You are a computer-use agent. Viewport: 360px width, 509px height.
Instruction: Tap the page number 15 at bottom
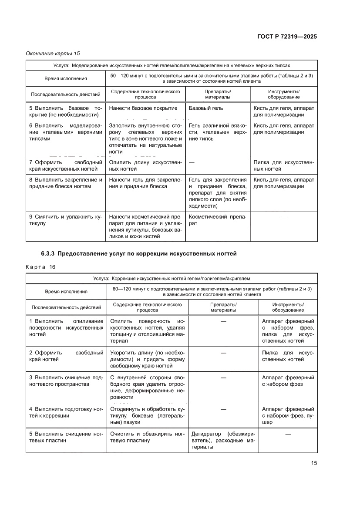[314, 463]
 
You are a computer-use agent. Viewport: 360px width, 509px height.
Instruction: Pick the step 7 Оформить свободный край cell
[65, 165]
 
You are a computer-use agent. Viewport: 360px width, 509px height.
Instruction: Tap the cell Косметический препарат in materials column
[217, 220]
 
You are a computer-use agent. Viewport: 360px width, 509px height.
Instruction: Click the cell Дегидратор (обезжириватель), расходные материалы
[223, 441]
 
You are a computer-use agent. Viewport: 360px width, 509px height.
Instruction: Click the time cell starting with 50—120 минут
[212, 78]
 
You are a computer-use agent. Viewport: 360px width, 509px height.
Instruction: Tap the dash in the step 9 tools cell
[284, 216]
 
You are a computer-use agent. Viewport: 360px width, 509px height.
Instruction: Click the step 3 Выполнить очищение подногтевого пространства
[65, 381]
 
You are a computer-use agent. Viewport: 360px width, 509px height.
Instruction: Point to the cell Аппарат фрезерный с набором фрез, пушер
[288, 416]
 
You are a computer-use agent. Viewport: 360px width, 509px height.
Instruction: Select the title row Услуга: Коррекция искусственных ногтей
[172, 278]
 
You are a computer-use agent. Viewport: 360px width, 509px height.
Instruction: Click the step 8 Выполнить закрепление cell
[65, 183]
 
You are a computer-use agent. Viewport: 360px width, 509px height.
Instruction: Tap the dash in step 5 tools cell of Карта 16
[288, 434]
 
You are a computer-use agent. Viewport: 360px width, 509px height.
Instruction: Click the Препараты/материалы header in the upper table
[217, 94]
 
